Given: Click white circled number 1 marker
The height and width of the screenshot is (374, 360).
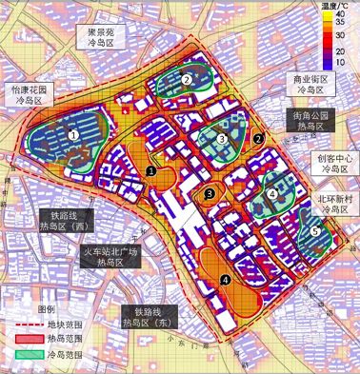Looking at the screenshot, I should tap(74, 136).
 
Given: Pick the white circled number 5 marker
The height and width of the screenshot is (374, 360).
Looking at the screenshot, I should tap(315, 230).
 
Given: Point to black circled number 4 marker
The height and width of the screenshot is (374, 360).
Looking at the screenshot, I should tap(225, 279).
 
